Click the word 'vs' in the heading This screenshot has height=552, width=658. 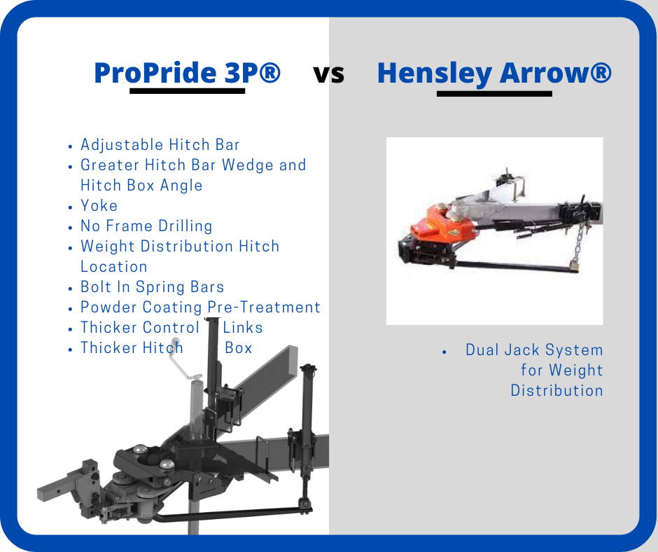tap(328, 74)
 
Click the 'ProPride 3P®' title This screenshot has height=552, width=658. tap(187, 72)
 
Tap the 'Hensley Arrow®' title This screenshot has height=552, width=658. tap(494, 73)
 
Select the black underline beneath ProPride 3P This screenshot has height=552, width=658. tap(187, 90)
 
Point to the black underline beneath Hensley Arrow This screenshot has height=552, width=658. tap(494, 94)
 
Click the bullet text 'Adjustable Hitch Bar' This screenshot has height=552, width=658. tap(160, 145)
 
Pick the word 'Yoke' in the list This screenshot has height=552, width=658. tap(99, 206)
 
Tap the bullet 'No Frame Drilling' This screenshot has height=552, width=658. tap(146, 226)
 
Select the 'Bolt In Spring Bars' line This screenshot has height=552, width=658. tap(152, 287)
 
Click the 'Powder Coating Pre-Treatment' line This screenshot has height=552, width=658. tap(200, 307)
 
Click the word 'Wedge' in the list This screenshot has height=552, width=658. tap(248, 165)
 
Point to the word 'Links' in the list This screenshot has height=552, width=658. tap(243, 328)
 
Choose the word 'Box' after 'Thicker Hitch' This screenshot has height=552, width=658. tap(239, 348)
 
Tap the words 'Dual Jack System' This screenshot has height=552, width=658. tap(534, 350)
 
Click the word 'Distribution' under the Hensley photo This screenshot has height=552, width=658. tap(557, 391)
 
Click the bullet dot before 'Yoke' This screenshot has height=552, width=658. tap(71, 207)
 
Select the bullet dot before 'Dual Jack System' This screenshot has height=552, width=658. tap(444, 352)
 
